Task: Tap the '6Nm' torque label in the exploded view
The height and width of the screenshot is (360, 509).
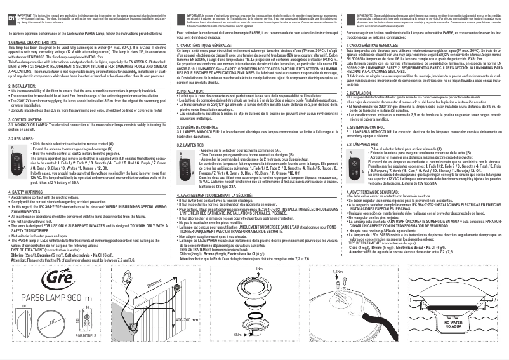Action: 238,352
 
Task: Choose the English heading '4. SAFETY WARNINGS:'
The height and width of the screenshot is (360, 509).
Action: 27,191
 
